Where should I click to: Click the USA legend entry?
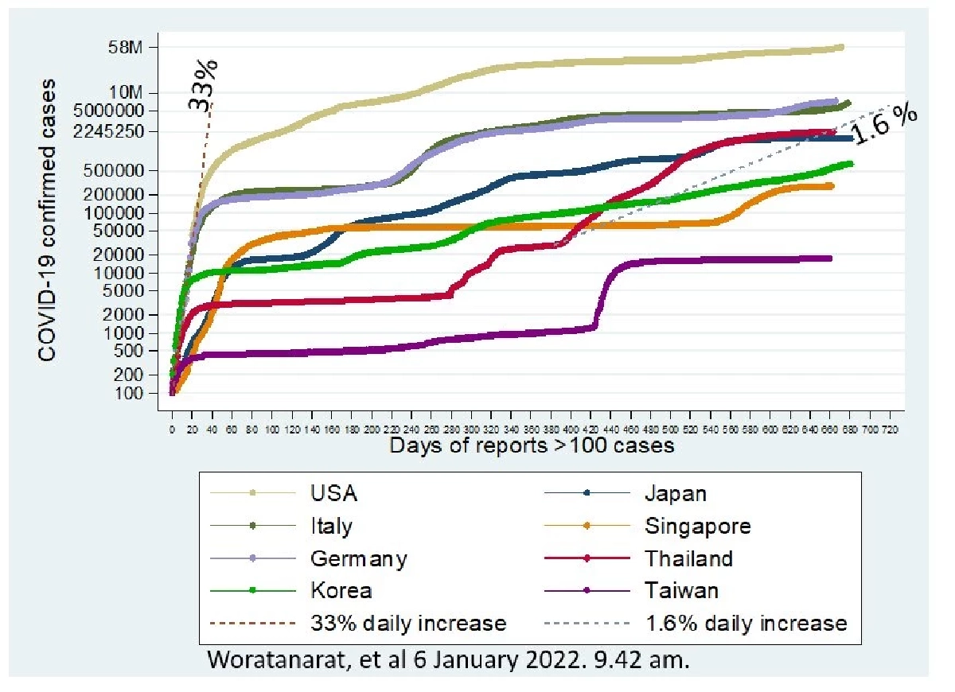point(333,493)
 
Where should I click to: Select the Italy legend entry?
point(331,526)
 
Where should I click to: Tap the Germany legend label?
point(358,558)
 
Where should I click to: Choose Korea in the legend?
point(341,591)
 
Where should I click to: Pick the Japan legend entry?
point(674,493)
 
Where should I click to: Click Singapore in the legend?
point(696,526)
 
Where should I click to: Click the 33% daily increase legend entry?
point(408,623)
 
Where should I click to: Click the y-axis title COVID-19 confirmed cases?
point(49,219)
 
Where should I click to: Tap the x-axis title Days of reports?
point(532,445)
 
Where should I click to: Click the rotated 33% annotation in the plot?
point(204,84)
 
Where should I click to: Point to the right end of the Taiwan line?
point(830,259)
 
